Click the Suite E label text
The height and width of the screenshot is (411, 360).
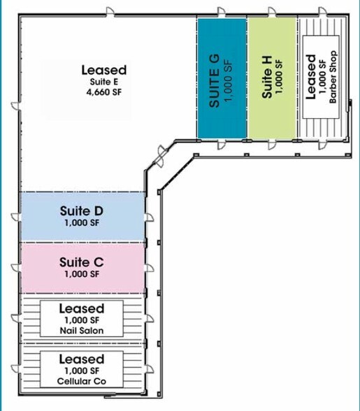point(104,82)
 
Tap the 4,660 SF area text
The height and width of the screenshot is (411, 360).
point(104,92)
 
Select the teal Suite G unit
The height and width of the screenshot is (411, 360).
point(222,78)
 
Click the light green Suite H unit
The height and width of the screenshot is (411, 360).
point(273,78)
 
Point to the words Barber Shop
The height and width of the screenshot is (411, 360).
point(333,77)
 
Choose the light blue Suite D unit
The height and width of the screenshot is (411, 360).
point(82,217)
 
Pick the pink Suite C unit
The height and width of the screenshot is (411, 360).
point(82,268)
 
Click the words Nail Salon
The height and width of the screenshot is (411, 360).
point(82,331)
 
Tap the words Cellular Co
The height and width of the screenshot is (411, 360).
point(82,381)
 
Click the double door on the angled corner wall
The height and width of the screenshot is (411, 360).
point(159,157)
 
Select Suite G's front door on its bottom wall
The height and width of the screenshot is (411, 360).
point(222,144)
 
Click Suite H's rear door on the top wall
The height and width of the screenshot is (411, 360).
point(272,12)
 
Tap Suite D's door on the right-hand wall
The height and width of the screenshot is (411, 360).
point(149,217)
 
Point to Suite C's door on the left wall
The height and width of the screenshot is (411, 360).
point(16,268)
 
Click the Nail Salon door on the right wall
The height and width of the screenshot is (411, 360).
point(149,319)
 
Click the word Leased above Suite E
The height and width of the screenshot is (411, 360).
point(104,70)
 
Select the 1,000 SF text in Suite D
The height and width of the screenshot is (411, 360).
point(82,223)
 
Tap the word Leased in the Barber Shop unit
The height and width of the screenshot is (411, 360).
point(310,77)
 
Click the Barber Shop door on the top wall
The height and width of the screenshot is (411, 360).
point(323,12)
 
